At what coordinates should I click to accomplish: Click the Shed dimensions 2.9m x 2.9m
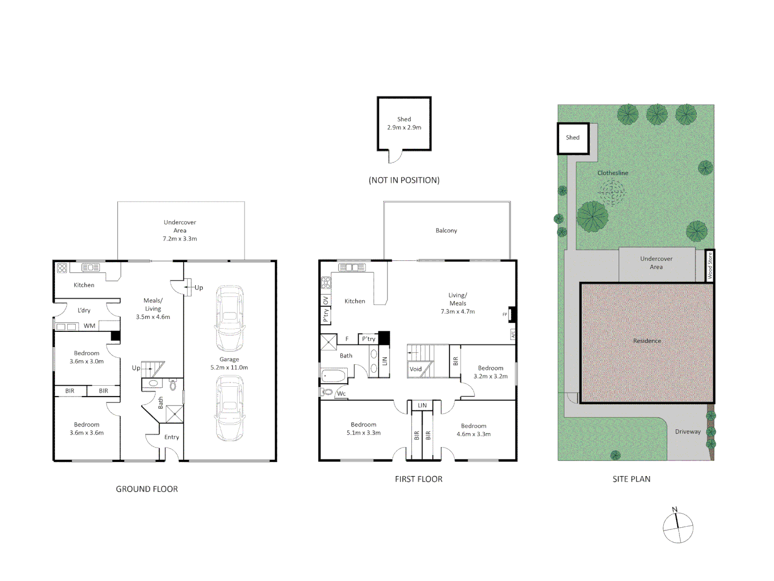[404, 127]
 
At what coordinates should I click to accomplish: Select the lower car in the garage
[230, 408]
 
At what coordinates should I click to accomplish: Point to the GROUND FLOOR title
[147, 489]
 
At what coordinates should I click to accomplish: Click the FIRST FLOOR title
[419, 479]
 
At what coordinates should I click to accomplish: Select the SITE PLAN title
[632, 479]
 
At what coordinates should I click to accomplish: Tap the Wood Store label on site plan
[709, 265]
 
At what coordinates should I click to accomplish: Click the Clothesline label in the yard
[613, 173]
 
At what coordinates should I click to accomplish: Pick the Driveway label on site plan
[688, 431]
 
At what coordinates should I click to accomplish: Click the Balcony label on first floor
[446, 230]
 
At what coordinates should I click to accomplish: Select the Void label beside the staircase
[415, 369]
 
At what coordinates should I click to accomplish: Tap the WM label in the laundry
[89, 325]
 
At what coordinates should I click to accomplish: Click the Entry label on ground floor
[171, 437]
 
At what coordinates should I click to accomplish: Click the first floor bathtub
[334, 375]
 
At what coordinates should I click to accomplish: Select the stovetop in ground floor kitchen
[62, 268]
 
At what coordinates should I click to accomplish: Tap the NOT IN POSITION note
[404, 180]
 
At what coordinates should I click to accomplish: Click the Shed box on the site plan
[573, 139]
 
